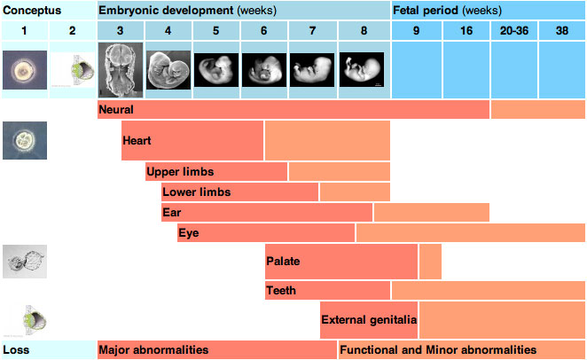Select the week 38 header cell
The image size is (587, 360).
(562, 31)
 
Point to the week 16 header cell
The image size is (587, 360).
(466, 31)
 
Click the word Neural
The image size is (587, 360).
(117, 110)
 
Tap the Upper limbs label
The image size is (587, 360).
(181, 171)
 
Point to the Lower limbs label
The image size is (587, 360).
(197, 192)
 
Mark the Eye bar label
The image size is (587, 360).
(189, 233)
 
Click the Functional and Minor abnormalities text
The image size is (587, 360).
(438, 349)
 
